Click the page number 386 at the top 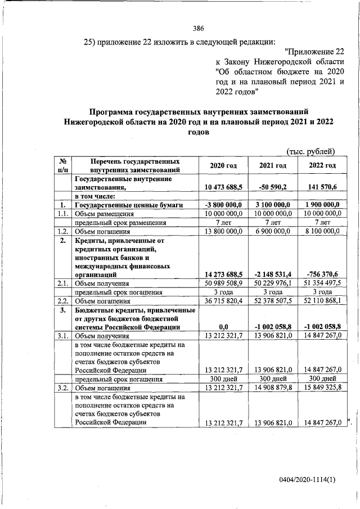click(197, 29)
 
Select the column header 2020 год click(223, 165)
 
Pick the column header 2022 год click(322, 165)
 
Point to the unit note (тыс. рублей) click(310, 150)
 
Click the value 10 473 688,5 click(223, 187)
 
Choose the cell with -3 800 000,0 click(224, 205)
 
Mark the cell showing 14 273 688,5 click(223, 274)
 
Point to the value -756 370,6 click(323, 274)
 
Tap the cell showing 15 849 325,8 click(322, 388)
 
